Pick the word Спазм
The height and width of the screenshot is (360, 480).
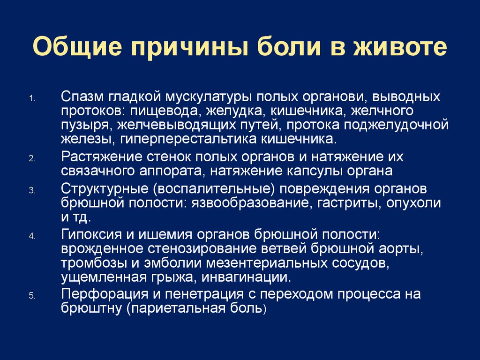point(83,97)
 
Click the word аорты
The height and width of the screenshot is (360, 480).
point(404,248)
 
